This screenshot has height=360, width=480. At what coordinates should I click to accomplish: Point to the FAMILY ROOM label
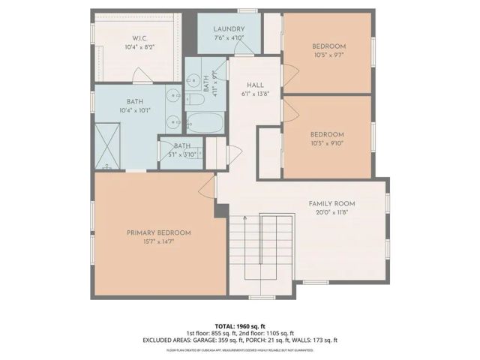[331, 203]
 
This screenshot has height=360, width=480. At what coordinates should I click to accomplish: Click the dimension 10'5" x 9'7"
[327, 55]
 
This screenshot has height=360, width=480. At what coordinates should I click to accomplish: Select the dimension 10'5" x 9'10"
[327, 144]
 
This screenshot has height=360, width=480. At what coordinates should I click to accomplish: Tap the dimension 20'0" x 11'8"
[331, 212]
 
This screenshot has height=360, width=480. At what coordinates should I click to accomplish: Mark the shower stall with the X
[109, 146]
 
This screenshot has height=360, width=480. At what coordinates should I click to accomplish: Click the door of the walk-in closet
[141, 76]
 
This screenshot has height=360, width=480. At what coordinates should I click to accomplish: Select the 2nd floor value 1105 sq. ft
[274, 332]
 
